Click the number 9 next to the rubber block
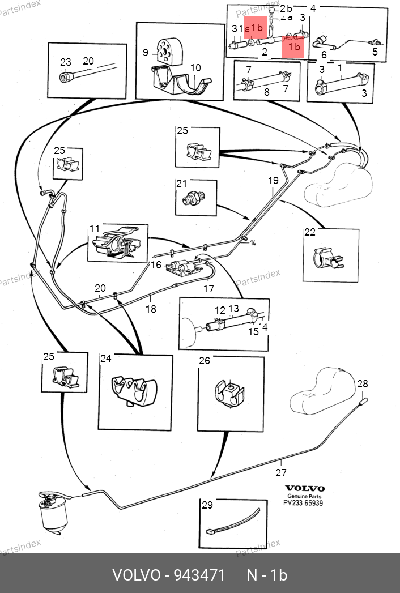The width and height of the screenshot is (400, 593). [146, 53]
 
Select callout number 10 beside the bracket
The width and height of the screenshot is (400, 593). [195, 68]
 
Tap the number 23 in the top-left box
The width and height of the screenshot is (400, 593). [66, 62]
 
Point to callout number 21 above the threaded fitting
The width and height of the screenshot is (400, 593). [181, 184]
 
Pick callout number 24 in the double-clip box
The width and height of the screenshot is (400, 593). [106, 358]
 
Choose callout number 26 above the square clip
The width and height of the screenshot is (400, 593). [204, 360]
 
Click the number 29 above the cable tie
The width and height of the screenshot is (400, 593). [207, 504]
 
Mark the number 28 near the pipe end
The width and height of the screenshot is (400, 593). [362, 384]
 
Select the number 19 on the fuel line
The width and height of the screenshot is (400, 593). [273, 181]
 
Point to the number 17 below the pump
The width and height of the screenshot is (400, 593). [208, 288]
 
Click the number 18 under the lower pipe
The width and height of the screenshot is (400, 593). [151, 309]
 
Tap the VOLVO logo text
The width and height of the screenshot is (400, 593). [304, 488]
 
